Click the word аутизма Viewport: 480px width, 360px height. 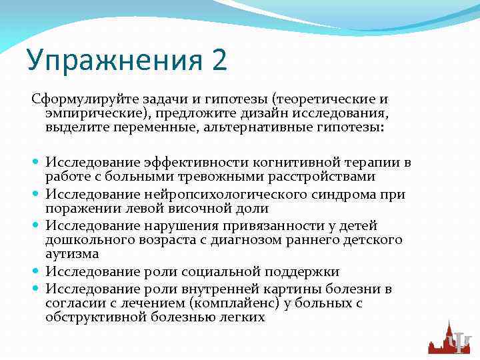click(72, 253)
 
